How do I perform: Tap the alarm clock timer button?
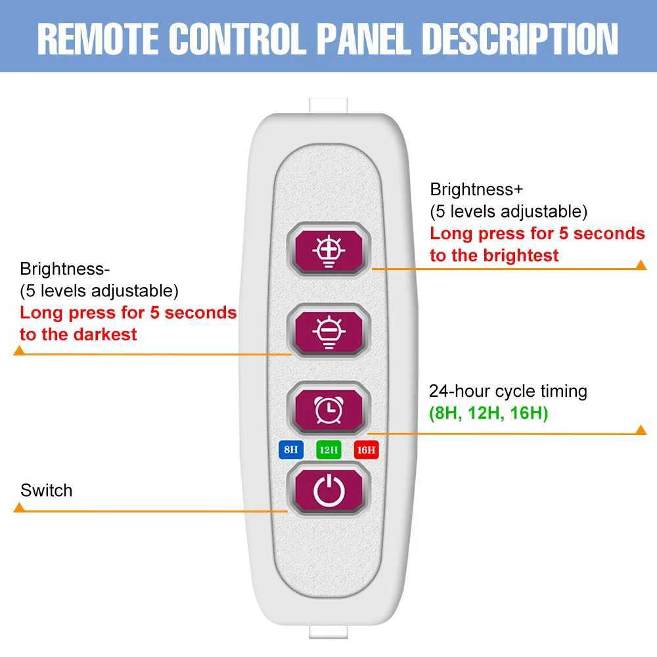[x=329, y=409]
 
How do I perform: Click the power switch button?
[x=329, y=489]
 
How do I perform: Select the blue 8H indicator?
[x=291, y=450]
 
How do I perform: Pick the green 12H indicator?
[x=328, y=450]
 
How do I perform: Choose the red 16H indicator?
[x=366, y=450]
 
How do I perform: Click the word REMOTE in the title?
[x=98, y=39]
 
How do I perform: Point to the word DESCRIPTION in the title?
[x=520, y=39]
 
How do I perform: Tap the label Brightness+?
[x=476, y=189]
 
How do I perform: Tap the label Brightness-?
[x=64, y=269]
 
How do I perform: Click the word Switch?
[x=47, y=491]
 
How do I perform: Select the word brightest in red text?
[x=521, y=256]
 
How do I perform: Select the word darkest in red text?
[x=105, y=335]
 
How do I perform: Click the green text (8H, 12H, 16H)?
[x=489, y=413]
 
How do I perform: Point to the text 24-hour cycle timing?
[x=509, y=392]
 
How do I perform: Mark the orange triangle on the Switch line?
[x=19, y=508]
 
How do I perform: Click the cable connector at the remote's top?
[x=328, y=106]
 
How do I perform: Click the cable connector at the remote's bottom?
[x=328, y=632]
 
